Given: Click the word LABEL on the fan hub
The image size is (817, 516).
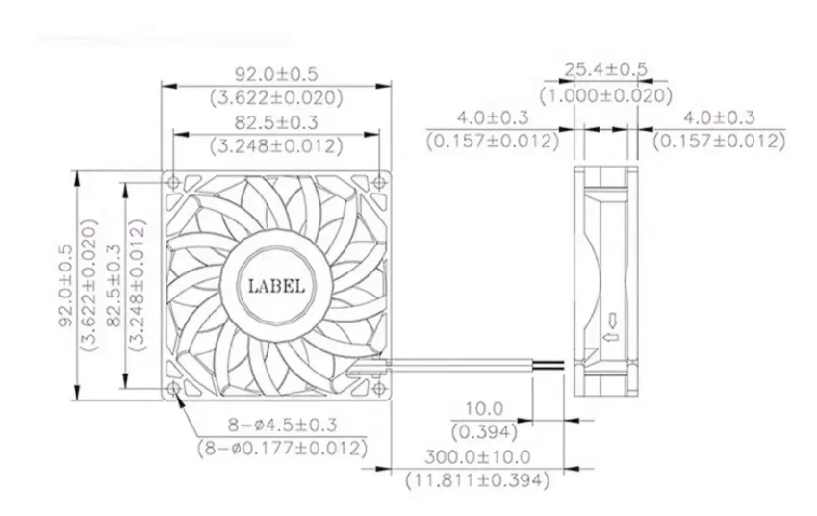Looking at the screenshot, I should coord(276,286).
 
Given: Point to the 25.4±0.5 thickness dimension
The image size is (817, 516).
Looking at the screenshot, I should coord(605,69).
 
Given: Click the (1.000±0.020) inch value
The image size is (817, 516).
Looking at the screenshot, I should coord(605,95).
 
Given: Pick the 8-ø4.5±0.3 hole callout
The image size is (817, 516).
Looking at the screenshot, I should coord(282,424).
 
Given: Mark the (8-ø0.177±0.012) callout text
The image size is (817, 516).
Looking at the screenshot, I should coord(282,448).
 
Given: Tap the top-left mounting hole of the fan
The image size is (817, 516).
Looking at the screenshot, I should coord(173,182).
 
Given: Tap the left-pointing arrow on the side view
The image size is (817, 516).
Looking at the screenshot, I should coord(607,338).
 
